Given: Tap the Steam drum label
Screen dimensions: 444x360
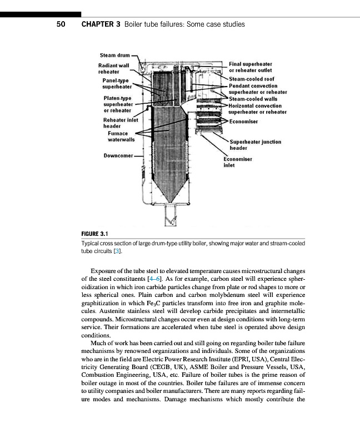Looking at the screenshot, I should [x=114, y=56].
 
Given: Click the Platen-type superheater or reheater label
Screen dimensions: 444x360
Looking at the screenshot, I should [x=117, y=104].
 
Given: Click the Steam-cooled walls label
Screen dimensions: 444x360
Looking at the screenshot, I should [x=254, y=99].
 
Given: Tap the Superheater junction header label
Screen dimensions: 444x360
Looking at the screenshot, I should [x=255, y=145].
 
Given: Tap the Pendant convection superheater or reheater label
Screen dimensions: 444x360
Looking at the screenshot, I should [x=258, y=89].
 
